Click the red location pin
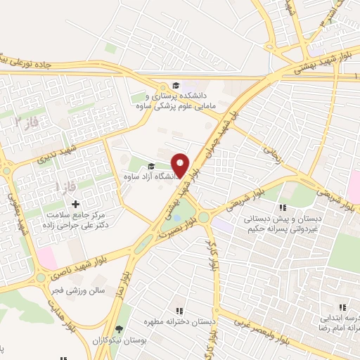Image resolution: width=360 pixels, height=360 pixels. (x=181, y=164)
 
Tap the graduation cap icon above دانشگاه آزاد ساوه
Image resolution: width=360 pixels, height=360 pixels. (x=150, y=167)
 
